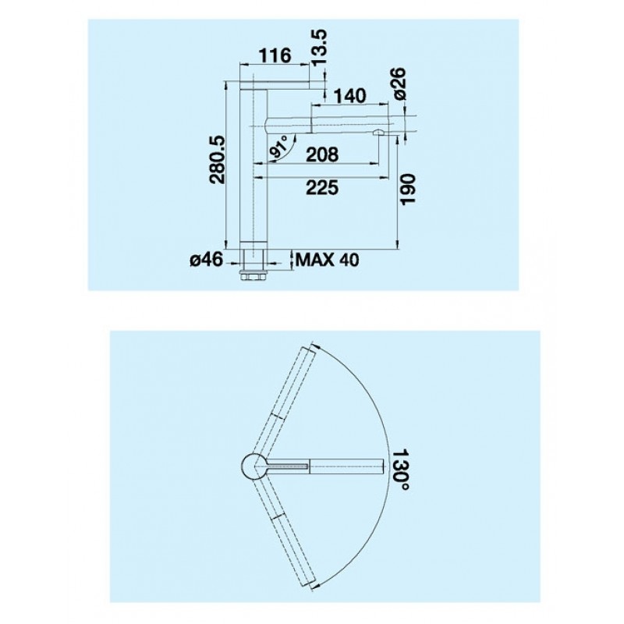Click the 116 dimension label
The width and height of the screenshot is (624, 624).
[275, 55]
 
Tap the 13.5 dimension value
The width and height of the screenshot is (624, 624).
[320, 48]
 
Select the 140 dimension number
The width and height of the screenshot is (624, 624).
[349, 96]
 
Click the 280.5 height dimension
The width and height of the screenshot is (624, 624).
[218, 160]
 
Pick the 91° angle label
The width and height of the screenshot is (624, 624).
[278, 147]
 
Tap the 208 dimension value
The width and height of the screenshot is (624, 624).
[322, 154]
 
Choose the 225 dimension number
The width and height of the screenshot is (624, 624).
[322, 187]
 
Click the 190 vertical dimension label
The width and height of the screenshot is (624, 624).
[408, 190]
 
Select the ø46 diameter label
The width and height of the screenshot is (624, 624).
[207, 261]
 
